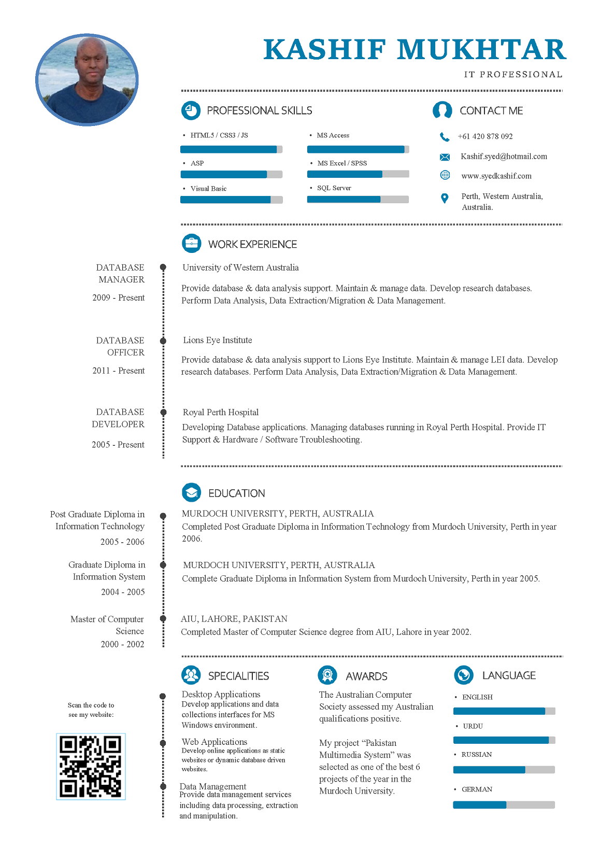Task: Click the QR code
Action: pos(91,767)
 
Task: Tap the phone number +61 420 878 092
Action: pos(485,136)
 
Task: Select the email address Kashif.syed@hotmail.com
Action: pos(504,157)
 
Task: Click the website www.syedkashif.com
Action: pos(496,176)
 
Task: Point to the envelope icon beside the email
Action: pos(445,157)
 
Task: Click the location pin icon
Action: pos(445,198)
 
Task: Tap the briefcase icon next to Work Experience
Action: pos(192,243)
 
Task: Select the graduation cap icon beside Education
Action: pos(192,492)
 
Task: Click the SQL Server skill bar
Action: pos(358,200)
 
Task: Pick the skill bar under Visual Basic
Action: pos(232,200)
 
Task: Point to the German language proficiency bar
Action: pos(504,804)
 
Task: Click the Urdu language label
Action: pos(473,726)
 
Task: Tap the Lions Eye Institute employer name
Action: pos(218,340)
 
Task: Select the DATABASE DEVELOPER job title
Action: pos(118,418)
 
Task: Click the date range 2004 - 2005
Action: pos(123,592)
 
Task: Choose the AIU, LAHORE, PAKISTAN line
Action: pos(234,619)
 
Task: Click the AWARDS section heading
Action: pos(366,676)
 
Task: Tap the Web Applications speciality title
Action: pos(215,742)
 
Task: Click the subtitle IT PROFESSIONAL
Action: pos(513,74)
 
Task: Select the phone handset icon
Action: pos(445,137)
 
